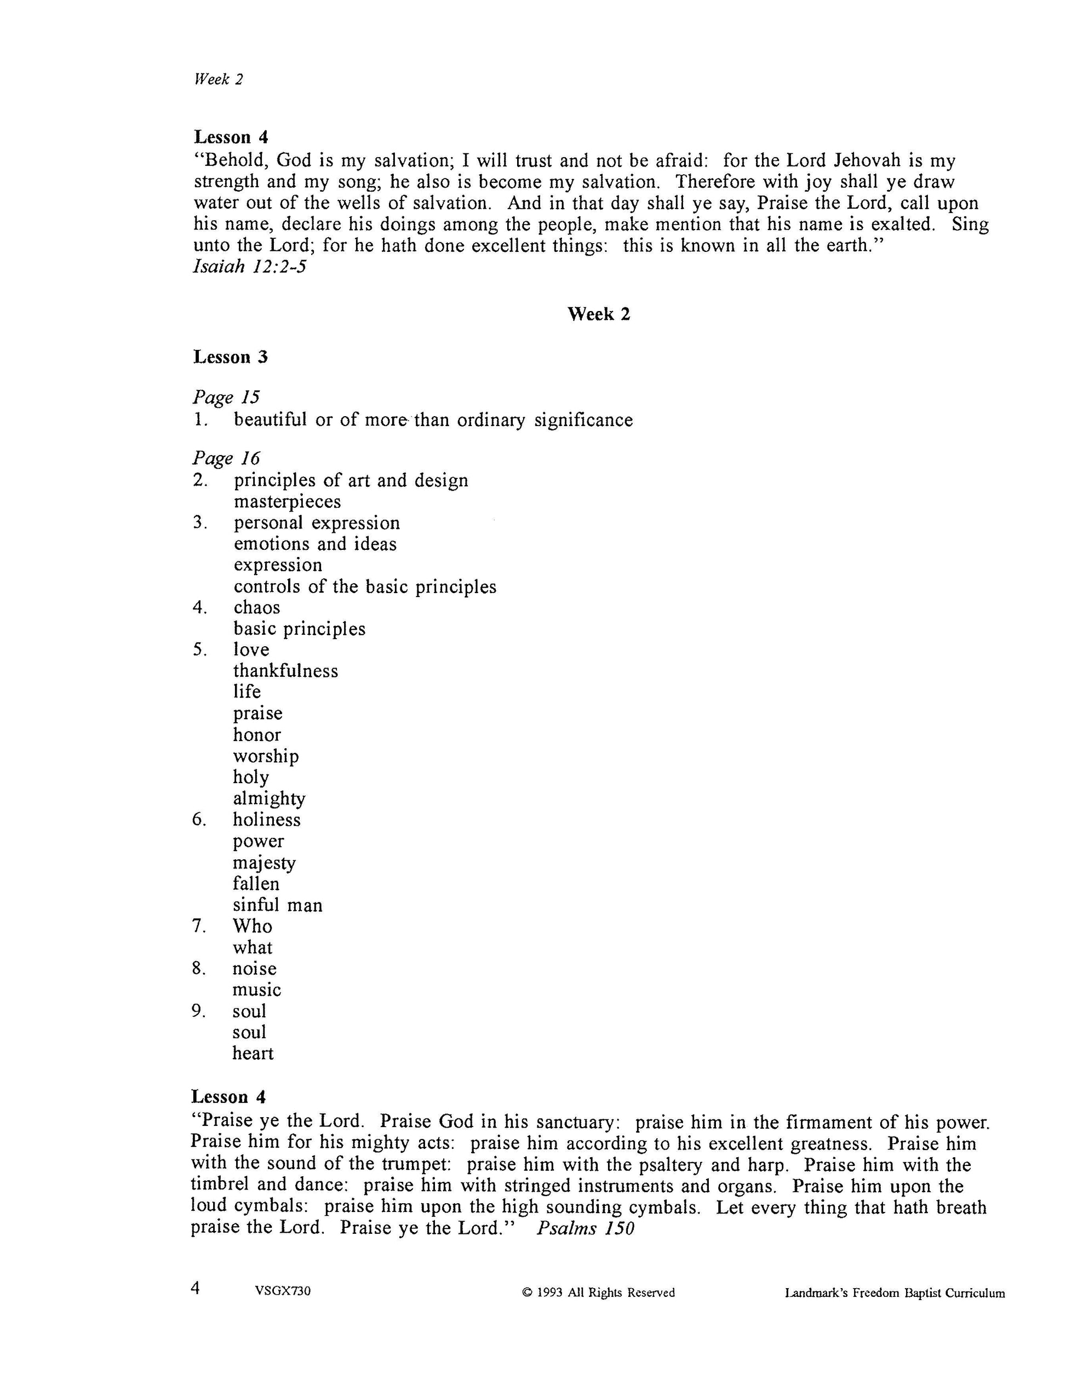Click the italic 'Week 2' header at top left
(x=219, y=79)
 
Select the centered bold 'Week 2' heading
(x=598, y=314)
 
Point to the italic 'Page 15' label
(x=226, y=397)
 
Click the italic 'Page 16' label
(x=226, y=458)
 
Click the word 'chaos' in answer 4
(x=256, y=607)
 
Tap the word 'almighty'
(x=269, y=798)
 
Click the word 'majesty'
(x=264, y=863)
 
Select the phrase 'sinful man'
(x=277, y=905)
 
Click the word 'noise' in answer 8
(x=255, y=969)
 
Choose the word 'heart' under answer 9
(x=253, y=1053)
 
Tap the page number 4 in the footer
(x=195, y=1288)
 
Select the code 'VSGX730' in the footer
(x=283, y=1291)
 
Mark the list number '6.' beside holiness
(x=199, y=820)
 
